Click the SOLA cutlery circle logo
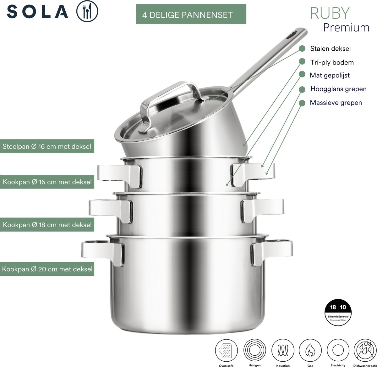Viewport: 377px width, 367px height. click(87, 11)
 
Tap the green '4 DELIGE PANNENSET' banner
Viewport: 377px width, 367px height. click(191, 14)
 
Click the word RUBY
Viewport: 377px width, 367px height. click(330, 13)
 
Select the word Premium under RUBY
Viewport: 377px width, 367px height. click(346, 28)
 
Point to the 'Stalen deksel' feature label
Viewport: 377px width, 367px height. click(330, 48)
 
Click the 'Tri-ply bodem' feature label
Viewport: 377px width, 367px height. click(332, 62)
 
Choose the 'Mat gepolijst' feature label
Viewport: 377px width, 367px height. click(330, 75)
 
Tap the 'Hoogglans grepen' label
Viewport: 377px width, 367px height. click(338, 89)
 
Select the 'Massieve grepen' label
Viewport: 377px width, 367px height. click(336, 103)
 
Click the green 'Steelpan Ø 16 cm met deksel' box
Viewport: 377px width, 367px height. click(47, 146)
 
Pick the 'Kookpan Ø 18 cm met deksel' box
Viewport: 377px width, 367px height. click(47, 224)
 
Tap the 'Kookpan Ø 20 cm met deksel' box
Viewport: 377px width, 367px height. click(47, 269)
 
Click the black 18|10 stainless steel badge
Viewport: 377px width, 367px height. click(338, 312)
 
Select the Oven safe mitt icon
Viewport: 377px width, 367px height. click(226, 350)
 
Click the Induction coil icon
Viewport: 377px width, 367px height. click(283, 350)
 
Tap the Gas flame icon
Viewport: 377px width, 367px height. click(310, 350)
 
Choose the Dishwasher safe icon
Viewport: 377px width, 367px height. click(365, 350)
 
